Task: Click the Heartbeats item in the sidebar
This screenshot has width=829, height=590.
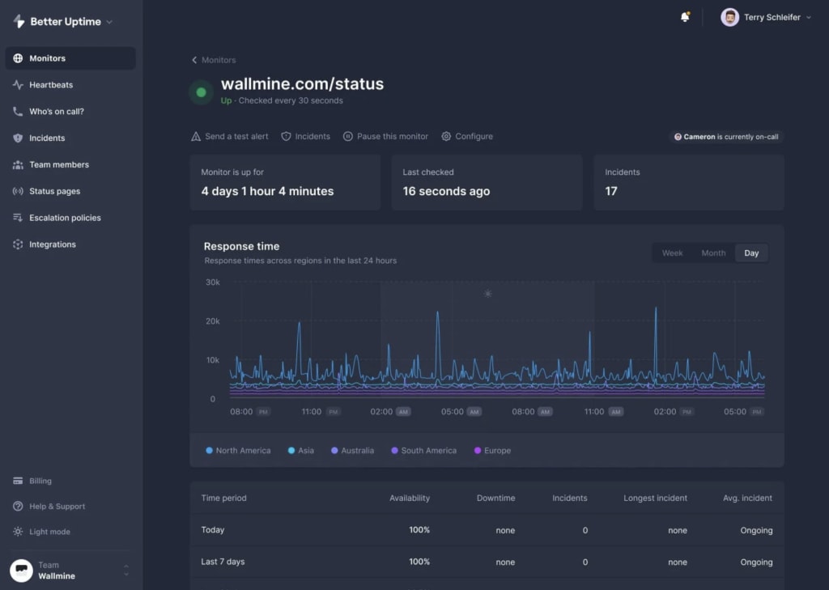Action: click(x=50, y=85)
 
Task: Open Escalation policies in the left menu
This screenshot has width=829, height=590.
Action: click(x=65, y=218)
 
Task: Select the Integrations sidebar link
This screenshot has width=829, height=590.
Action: click(x=52, y=244)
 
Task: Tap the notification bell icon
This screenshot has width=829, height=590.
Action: click(x=685, y=17)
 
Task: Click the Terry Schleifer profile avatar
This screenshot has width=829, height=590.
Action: click(x=729, y=17)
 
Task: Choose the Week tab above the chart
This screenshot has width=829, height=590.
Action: click(x=672, y=253)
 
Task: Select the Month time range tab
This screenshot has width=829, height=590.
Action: click(x=713, y=253)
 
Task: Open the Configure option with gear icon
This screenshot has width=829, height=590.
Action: click(x=467, y=137)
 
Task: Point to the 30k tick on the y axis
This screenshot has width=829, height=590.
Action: click(x=212, y=282)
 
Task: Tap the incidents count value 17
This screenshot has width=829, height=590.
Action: click(x=611, y=192)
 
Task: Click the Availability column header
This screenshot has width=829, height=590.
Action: click(x=409, y=498)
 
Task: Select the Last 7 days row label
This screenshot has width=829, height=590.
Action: click(x=223, y=562)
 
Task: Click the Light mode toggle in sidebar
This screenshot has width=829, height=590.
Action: click(x=49, y=532)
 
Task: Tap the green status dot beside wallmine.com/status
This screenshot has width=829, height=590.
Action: click(x=201, y=92)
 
